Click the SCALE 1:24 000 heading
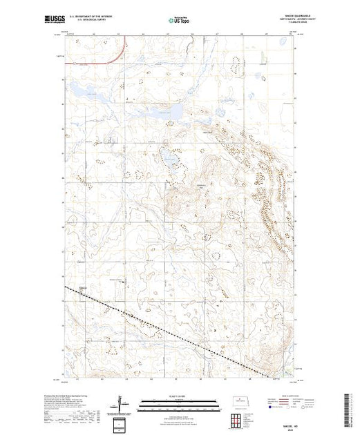180,398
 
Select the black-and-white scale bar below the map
180,404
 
